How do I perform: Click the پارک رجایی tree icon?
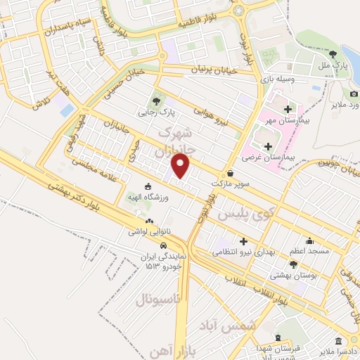(x=156, y=100)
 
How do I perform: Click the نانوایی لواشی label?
(x=148, y=231)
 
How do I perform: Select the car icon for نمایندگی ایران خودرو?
(x=163, y=246)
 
